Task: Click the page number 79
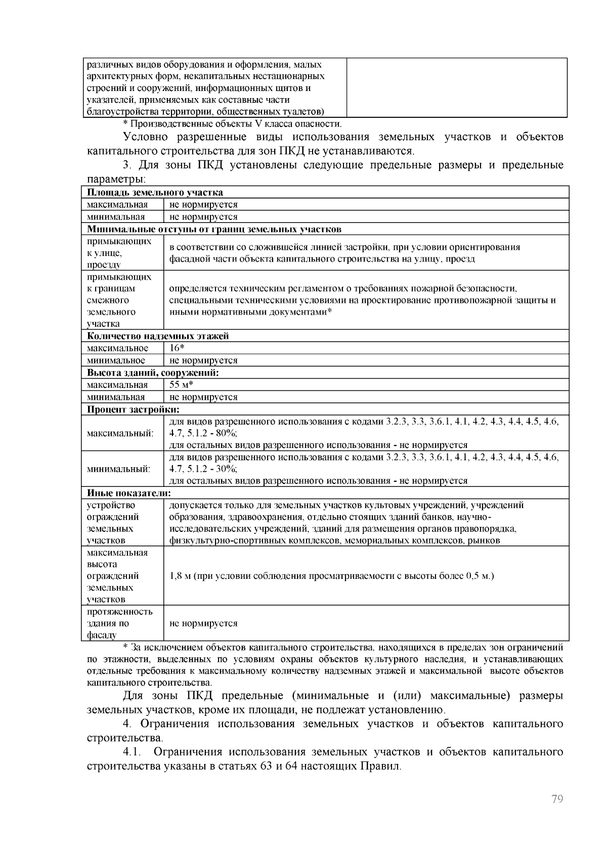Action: [557, 799]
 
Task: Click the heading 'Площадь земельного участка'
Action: [155, 192]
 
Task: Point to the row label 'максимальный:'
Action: [120, 433]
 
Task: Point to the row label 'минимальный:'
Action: [118, 469]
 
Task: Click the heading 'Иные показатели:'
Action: [128, 493]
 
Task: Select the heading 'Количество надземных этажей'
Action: [158, 336]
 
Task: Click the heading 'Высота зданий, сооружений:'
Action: [153, 373]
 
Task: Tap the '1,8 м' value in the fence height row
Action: [180, 576]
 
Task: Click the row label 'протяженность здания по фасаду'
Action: [119, 623]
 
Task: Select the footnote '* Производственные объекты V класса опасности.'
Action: [232, 124]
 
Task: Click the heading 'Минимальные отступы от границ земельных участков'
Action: [214, 229]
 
